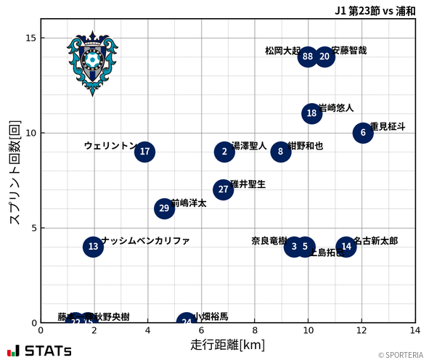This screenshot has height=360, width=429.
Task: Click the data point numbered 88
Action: tap(308, 57)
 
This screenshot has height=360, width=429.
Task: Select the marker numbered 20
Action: tap(324, 57)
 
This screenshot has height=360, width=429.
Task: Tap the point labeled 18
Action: tap(311, 113)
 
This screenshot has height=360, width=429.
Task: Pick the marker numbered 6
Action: tap(362, 133)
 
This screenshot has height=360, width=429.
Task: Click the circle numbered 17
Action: tap(144, 152)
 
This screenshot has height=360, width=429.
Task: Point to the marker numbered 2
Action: tap(224, 152)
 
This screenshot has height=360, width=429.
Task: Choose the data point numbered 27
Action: tap(224, 189)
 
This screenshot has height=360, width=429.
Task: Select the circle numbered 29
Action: tap(165, 208)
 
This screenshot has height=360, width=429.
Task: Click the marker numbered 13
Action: tap(93, 247)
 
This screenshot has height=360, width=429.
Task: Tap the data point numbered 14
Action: tap(346, 247)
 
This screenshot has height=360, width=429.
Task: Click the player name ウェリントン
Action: tap(110, 146)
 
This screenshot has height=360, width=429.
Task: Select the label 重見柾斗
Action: tap(388, 126)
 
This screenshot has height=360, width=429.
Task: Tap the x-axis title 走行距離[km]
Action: tap(228, 343)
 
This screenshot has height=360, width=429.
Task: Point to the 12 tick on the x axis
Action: tap(361, 331)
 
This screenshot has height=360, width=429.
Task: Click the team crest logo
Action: tap(92, 62)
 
